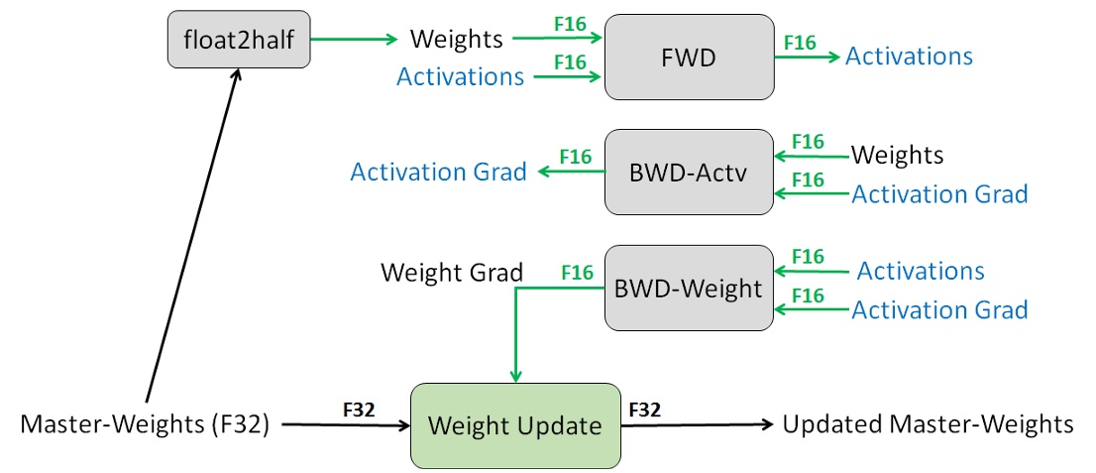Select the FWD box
(x=689, y=57)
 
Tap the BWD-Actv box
(x=689, y=172)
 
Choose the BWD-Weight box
(x=689, y=288)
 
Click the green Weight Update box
(x=514, y=425)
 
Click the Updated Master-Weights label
(x=928, y=424)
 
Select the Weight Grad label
(x=452, y=272)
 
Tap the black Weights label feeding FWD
(x=457, y=40)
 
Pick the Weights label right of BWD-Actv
(x=898, y=156)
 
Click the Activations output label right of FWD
(x=909, y=57)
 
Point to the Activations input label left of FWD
(x=460, y=76)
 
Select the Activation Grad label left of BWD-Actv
(x=438, y=172)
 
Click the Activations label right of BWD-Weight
(x=921, y=271)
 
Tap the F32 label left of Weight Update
(x=359, y=409)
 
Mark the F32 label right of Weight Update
(x=645, y=409)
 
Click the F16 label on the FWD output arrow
(x=800, y=42)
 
